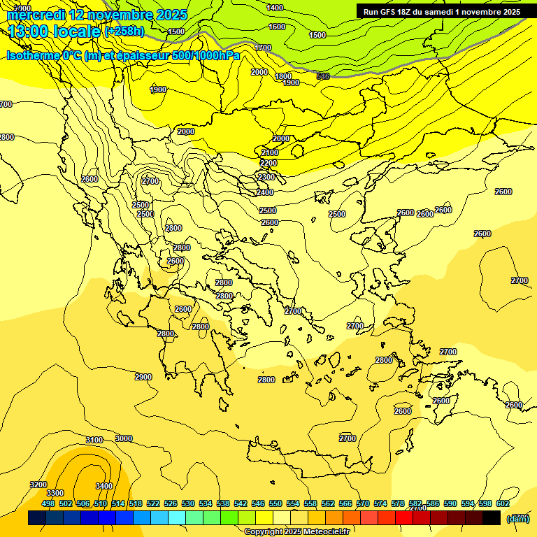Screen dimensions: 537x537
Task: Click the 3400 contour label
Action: click(x=103, y=485)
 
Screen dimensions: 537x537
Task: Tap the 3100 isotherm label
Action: click(x=94, y=440)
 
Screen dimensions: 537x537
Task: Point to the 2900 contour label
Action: click(x=143, y=377)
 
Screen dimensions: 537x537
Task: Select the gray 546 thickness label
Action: click(x=322, y=76)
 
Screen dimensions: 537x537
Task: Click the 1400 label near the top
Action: click(x=275, y=8)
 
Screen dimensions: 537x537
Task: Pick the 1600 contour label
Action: click(x=277, y=27)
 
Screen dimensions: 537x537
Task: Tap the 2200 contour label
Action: click(x=268, y=163)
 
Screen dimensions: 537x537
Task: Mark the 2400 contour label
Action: click(x=265, y=192)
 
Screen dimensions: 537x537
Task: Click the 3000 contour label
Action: click(x=123, y=438)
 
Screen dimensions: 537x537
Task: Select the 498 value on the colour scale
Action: click(x=48, y=503)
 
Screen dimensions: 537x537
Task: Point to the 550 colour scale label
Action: click(x=275, y=503)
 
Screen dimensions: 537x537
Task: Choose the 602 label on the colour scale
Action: click(x=503, y=503)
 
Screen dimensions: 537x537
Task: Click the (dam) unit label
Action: click(x=518, y=518)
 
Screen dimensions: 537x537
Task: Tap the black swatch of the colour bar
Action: click(x=492, y=518)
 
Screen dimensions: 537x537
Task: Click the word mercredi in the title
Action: click(x=36, y=15)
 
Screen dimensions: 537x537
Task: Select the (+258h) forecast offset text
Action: click(x=124, y=31)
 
